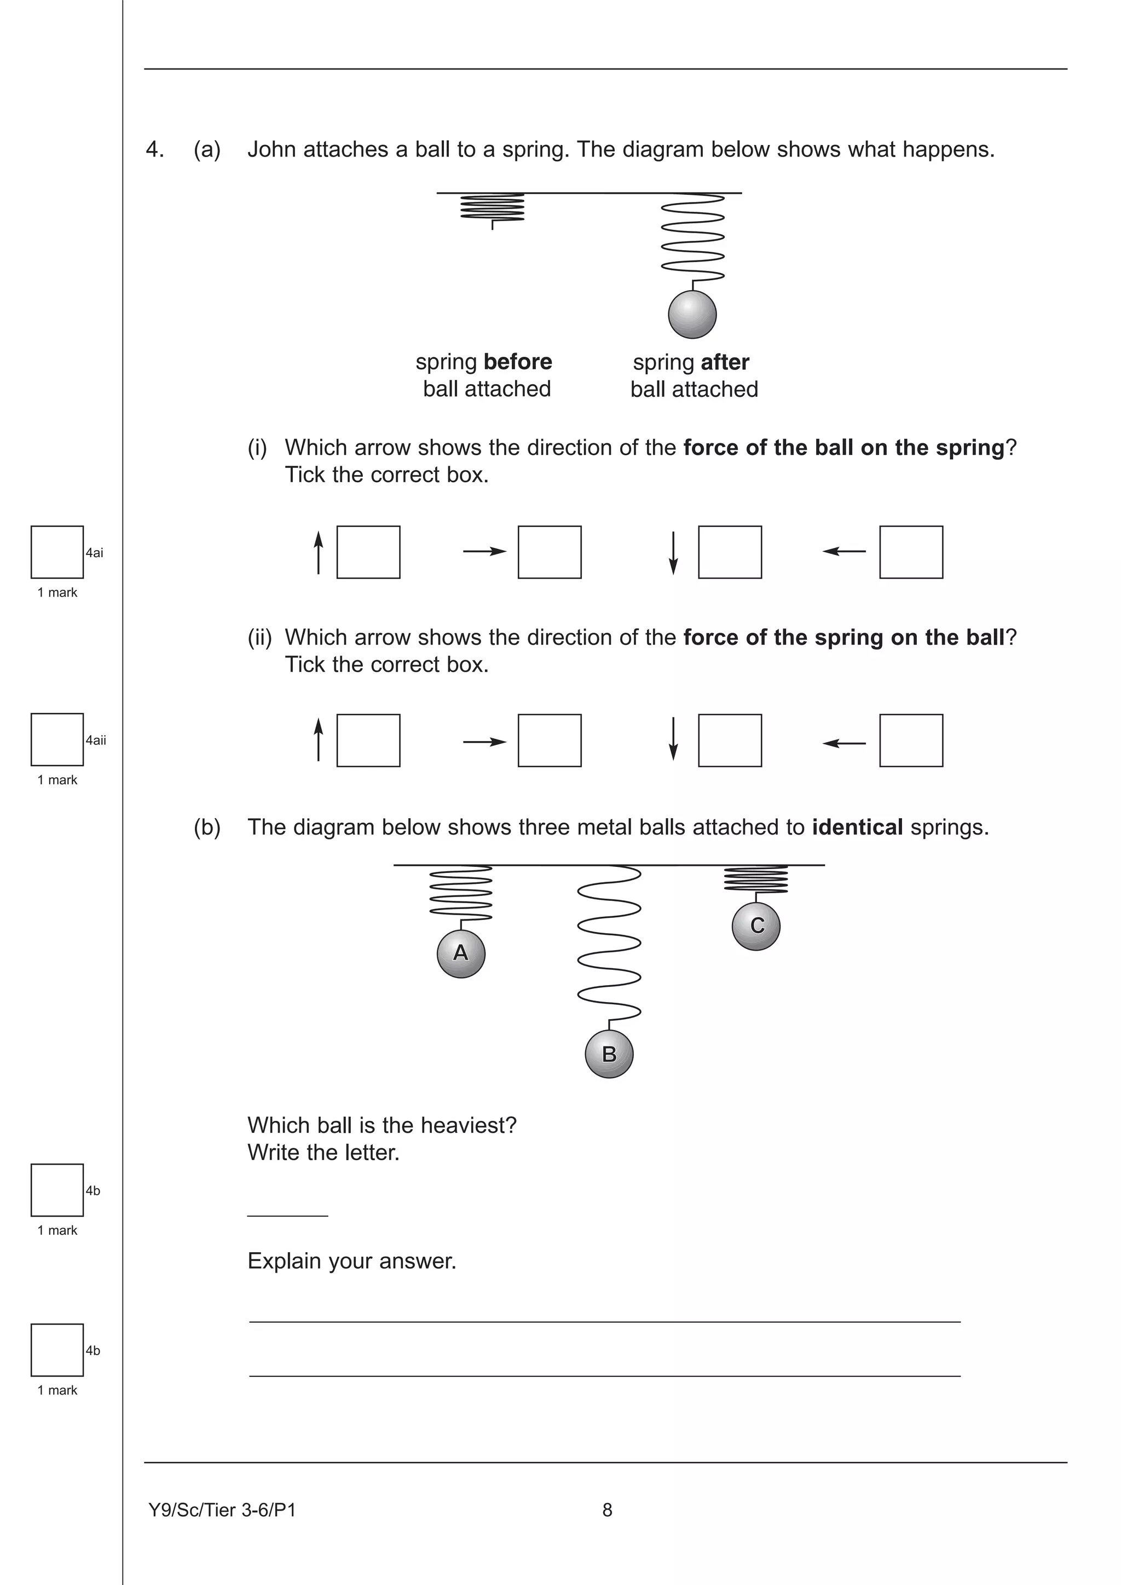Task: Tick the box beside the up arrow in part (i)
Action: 368,552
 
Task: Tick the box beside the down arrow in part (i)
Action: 730,552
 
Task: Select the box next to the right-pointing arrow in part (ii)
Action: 550,740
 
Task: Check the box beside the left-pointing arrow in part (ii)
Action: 910,740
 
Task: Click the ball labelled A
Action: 461,953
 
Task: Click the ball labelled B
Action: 609,1054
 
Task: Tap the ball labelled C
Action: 756,925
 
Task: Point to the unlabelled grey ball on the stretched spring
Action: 692,315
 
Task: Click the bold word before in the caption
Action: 518,362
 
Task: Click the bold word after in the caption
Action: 725,362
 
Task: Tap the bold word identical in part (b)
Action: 857,827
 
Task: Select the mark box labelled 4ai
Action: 57,552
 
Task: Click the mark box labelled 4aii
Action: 57,739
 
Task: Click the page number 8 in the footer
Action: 606,1511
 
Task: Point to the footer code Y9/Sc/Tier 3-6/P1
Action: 222,1511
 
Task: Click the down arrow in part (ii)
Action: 674,739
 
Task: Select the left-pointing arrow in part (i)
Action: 844,551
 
